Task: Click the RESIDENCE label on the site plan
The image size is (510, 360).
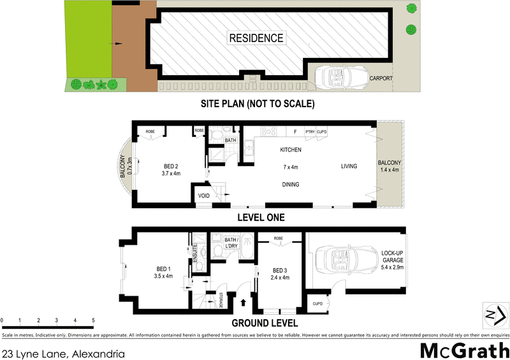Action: (256, 38)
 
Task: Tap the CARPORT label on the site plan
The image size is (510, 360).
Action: (381, 78)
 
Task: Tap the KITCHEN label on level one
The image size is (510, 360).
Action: (290, 150)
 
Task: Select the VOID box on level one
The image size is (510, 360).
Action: (204, 196)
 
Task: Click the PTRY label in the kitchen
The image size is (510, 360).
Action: (310, 132)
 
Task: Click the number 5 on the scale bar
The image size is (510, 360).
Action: (94, 320)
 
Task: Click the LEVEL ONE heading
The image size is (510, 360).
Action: (260, 217)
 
